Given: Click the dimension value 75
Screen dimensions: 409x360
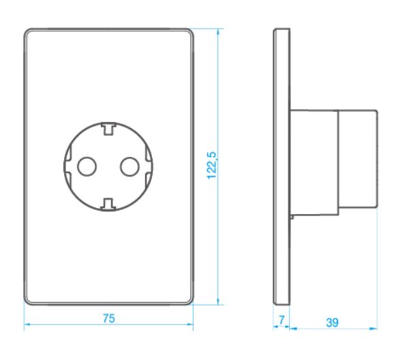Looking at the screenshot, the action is click(x=109, y=318).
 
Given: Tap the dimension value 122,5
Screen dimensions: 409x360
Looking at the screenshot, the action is click(x=212, y=165).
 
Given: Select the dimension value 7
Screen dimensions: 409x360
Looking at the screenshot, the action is click(x=282, y=320).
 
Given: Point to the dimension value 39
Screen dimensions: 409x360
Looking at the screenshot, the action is click(x=333, y=322).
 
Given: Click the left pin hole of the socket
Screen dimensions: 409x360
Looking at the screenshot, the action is click(x=87, y=166).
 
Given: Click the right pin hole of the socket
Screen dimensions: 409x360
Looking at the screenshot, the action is click(x=130, y=166).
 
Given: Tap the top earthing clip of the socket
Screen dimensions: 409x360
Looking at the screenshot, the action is click(x=108, y=129).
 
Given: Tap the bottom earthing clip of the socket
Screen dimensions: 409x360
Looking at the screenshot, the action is click(x=108, y=205).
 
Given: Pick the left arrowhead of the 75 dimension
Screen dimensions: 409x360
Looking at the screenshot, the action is click(x=27, y=325).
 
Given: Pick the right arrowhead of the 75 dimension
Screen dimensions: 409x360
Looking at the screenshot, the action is click(x=190, y=325).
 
